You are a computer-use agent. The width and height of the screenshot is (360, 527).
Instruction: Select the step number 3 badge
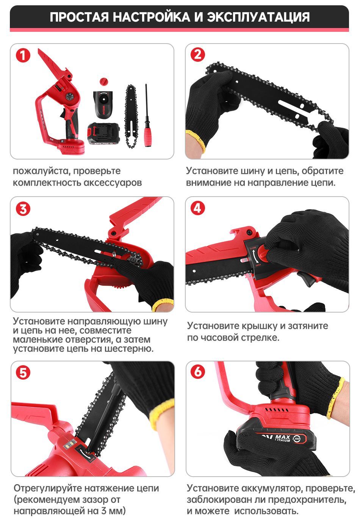(x=23, y=208)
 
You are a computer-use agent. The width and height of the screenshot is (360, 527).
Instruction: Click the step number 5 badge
(x=23, y=373)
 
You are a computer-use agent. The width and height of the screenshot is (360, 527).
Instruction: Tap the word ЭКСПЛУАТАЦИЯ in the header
(x=258, y=17)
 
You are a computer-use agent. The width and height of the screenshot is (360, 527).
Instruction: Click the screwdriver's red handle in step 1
(x=147, y=137)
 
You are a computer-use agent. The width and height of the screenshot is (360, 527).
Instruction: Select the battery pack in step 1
(x=103, y=133)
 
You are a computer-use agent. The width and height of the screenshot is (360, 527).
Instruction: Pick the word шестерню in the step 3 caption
(x=129, y=349)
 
